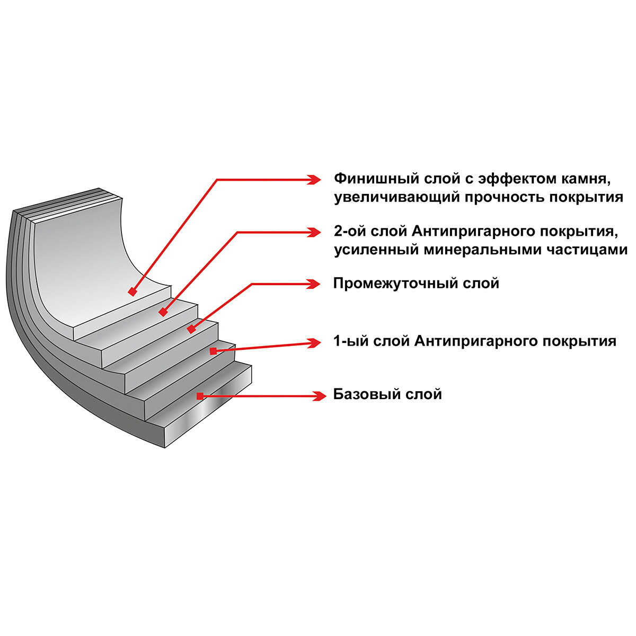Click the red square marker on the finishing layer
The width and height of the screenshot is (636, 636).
132,291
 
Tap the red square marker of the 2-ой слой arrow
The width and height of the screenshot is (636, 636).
163,313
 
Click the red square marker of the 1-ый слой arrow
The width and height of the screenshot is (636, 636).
213,350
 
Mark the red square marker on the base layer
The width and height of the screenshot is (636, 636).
200,395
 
